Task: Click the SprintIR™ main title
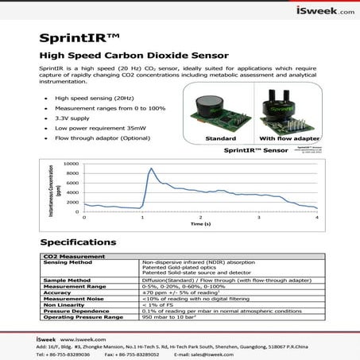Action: point(79,39)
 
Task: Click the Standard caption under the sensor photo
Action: point(220,138)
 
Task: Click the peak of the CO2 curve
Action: point(151,168)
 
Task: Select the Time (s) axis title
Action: point(200,225)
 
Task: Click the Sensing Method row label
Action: point(72,262)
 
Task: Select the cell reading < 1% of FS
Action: point(158,304)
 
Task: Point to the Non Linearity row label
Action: point(66,304)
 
